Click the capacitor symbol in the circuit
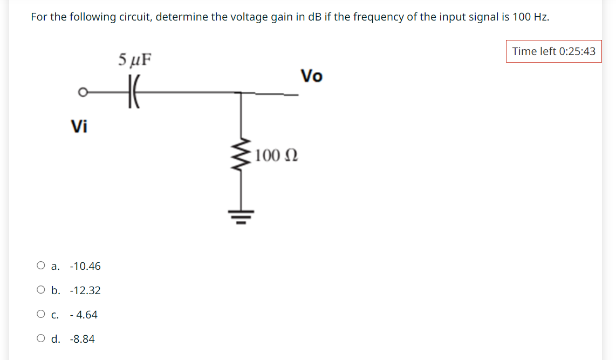(133, 92)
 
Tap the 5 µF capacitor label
(134, 58)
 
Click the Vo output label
(311, 76)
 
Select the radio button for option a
(41, 266)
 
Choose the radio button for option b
(41, 290)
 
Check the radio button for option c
(41, 314)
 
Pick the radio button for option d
(41, 338)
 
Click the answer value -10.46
(85, 266)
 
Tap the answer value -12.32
(85, 290)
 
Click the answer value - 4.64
(84, 315)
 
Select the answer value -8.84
(83, 339)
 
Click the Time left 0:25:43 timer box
(553, 51)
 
